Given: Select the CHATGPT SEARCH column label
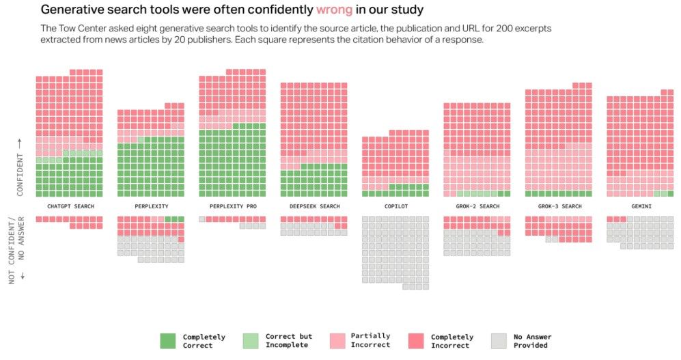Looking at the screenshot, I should (70, 206).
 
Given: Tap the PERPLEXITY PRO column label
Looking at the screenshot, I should (233, 206).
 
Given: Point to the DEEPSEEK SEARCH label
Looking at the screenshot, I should (314, 206).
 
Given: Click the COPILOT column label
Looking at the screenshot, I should (395, 206).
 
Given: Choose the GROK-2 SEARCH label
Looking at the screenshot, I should (477, 206).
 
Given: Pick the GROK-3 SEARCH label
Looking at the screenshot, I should (559, 206).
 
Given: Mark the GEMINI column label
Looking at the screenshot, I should (640, 206).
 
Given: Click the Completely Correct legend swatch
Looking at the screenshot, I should (168, 341).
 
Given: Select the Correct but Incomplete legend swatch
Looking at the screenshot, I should (251, 341).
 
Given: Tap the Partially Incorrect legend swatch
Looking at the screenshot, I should (337, 341).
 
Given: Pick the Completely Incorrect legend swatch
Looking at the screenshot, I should (416, 341).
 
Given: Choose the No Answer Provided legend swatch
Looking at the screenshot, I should (499, 341).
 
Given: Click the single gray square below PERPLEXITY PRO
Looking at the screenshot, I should (202, 219).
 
